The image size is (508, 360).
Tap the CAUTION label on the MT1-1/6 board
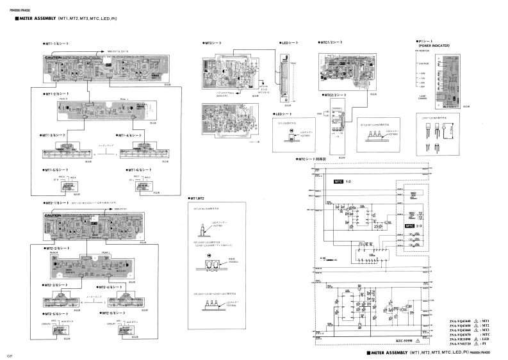53,58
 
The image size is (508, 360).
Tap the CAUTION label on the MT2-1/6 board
53,216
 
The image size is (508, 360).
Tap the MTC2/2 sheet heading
337,94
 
